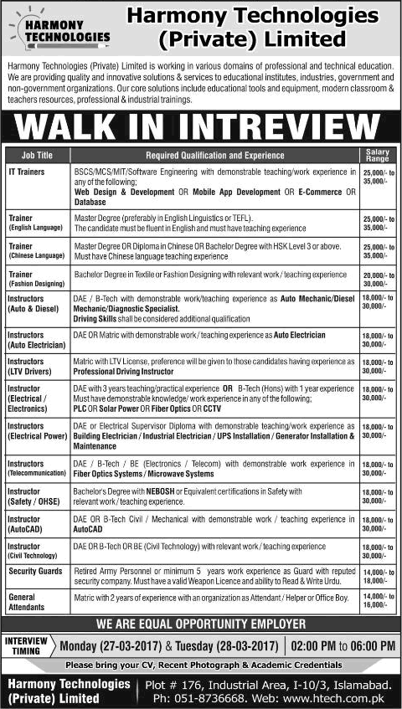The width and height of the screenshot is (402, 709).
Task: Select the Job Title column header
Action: pyautogui.click(x=37, y=155)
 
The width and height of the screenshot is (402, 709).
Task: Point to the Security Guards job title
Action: pyautogui.click(x=35, y=570)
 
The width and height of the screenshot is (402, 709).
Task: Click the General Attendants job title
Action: pyautogui.click(x=28, y=601)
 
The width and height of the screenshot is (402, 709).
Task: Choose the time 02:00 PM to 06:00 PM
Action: pyautogui.click(x=343, y=645)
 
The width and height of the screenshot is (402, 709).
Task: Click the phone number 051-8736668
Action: pyautogui.click(x=210, y=696)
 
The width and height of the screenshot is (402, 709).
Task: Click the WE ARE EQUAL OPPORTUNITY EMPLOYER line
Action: pyautogui.click(x=201, y=624)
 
